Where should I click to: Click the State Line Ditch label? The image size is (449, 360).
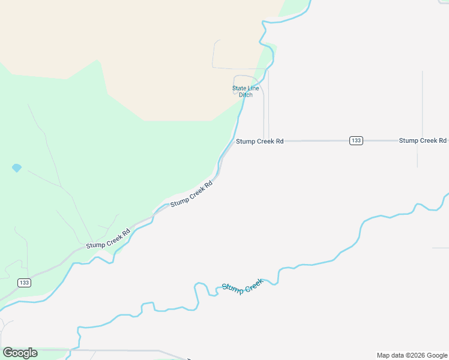click(x=246, y=92)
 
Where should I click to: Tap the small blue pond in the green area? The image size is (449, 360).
click(x=17, y=168)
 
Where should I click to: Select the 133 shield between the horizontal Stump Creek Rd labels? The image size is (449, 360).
click(x=356, y=140)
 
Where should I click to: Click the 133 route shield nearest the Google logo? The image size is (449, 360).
click(x=24, y=283)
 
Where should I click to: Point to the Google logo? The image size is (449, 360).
click(x=20, y=353)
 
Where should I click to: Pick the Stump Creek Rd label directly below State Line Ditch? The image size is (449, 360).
click(x=259, y=142)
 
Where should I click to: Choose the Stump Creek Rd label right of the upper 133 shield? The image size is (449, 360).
click(x=423, y=140)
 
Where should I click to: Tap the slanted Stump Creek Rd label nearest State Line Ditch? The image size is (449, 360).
click(x=191, y=194)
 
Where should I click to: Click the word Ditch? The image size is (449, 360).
click(x=246, y=95)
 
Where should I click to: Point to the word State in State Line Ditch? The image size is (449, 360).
click(x=240, y=89)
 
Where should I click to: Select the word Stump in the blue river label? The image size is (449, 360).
click(x=233, y=289)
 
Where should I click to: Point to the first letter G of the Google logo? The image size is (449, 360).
click(x=7, y=353)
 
